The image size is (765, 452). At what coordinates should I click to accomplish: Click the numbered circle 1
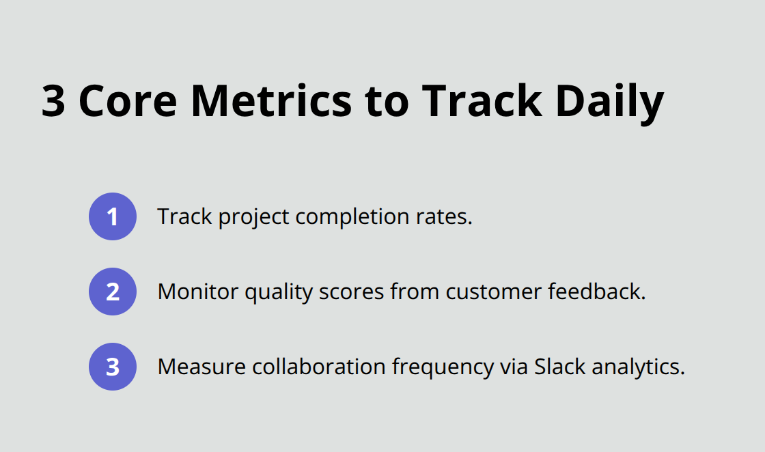113,217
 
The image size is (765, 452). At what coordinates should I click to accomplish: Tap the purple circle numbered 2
113,292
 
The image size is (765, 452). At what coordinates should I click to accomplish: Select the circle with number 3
113,367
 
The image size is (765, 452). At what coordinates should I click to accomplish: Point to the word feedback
597,292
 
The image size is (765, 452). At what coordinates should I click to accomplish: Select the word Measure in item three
201,367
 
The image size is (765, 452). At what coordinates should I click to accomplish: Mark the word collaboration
319,367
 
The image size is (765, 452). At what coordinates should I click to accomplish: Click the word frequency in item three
442,367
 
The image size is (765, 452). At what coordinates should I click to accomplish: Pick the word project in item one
253,217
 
